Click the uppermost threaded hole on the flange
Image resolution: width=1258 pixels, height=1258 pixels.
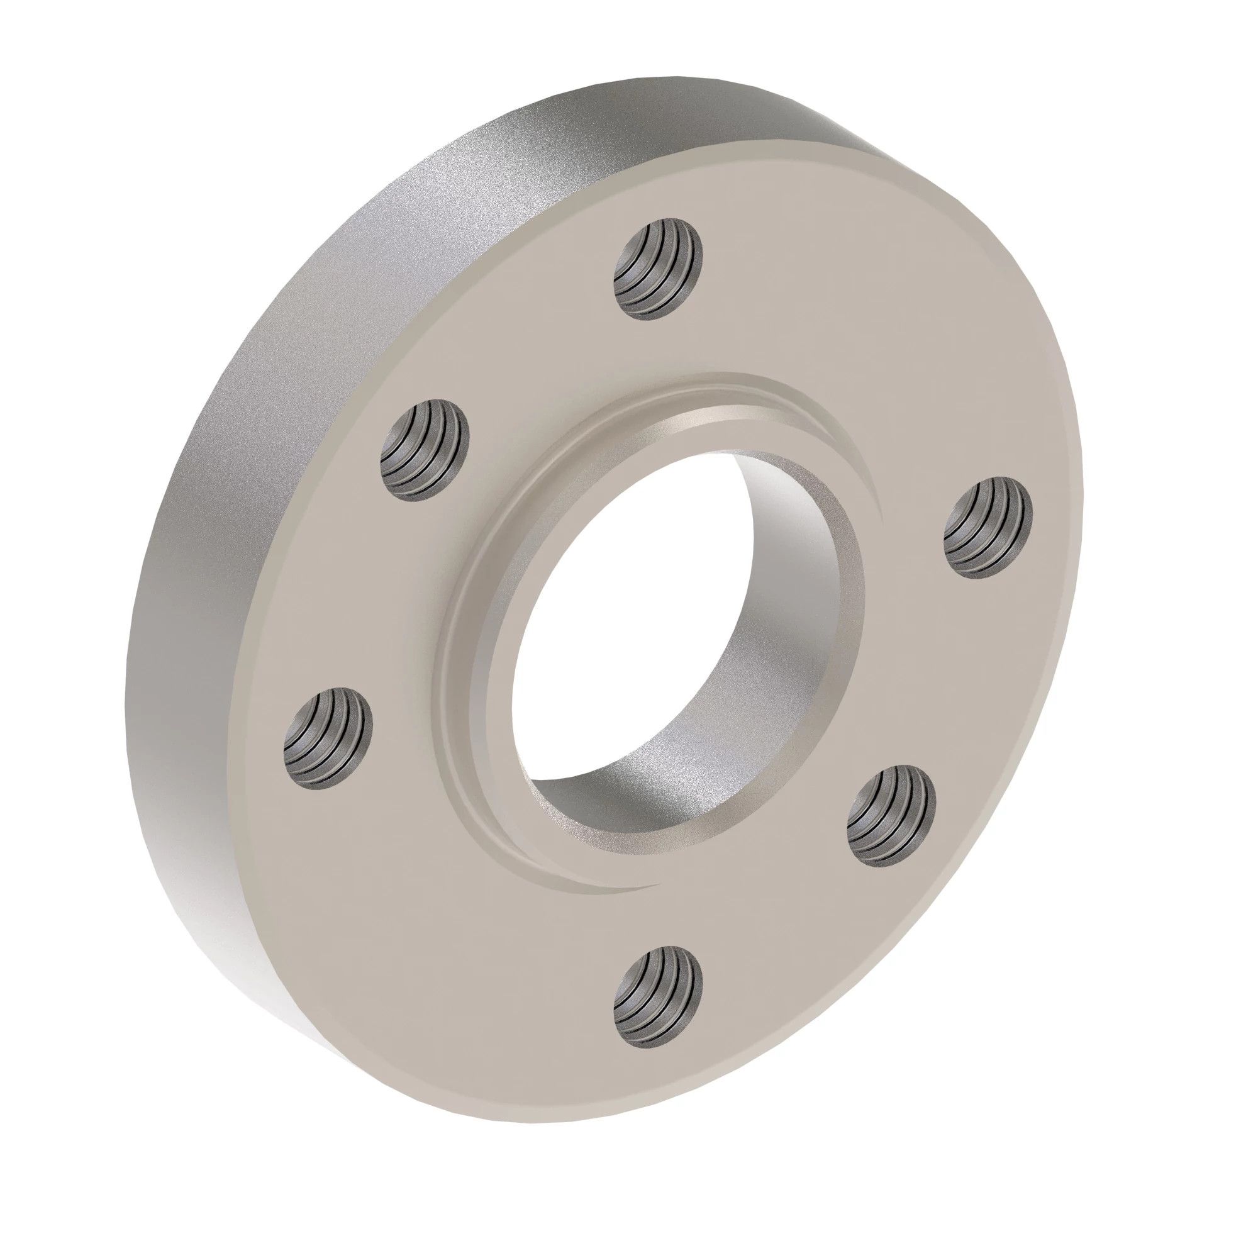[x=659, y=270]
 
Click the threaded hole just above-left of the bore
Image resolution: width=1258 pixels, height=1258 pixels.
[x=425, y=450]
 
